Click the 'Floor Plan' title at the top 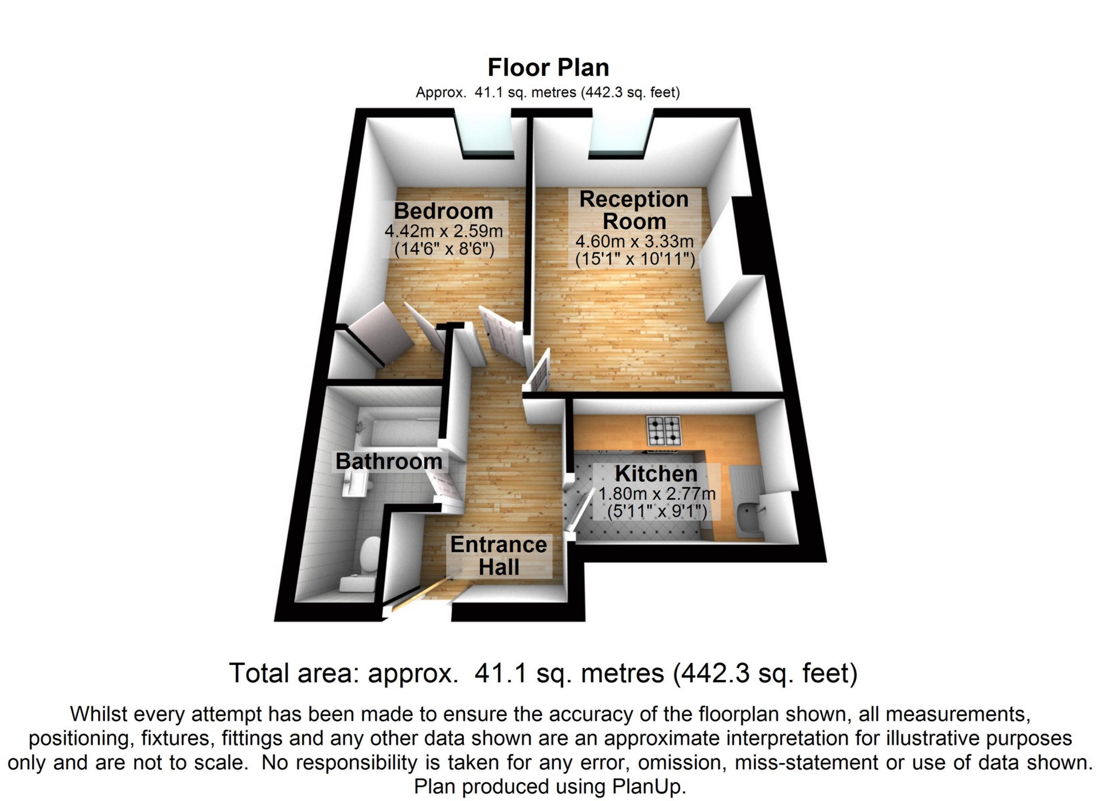click(x=548, y=68)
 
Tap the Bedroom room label click(x=443, y=211)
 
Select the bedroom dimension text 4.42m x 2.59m click(x=443, y=231)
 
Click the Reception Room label click(x=634, y=210)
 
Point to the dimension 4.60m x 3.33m click(x=634, y=241)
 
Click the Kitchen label click(x=656, y=474)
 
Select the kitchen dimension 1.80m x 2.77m click(x=657, y=493)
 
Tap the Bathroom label click(x=388, y=461)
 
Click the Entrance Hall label click(x=498, y=555)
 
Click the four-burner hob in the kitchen click(x=665, y=430)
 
